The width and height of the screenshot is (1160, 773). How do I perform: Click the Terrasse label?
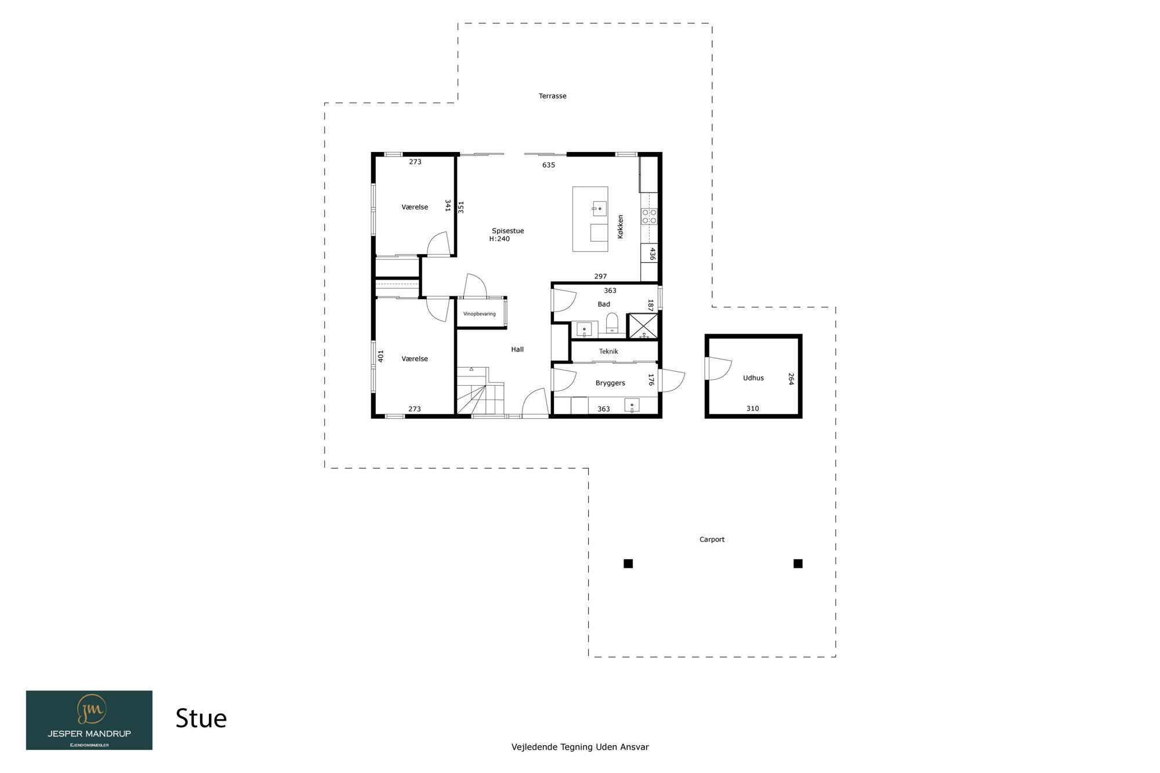(x=552, y=96)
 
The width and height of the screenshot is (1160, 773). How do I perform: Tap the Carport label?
(x=712, y=539)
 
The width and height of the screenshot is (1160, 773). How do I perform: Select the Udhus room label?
(x=753, y=378)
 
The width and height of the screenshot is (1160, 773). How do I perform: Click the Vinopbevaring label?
(x=479, y=314)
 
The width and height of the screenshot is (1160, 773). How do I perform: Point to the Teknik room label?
(x=608, y=351)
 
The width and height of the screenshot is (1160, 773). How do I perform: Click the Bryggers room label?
(x=610, y=383)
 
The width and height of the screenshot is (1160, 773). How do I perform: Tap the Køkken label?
(x=620, y=227)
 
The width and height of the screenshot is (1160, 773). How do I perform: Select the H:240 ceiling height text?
(x=499, y=239)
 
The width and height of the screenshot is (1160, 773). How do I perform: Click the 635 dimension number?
(x=549, y=165)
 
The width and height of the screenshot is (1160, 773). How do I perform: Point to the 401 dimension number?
(x=381, y=356)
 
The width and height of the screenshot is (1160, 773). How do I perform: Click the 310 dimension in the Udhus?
(x=752, y=409)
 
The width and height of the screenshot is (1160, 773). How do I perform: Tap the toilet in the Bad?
(x=612, y=323)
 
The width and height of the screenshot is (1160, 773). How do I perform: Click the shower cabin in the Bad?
(x=643, y=326)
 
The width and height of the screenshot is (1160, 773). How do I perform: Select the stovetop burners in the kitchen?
(x=649, y=216)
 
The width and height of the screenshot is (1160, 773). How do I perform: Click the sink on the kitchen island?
(x=599, y=208)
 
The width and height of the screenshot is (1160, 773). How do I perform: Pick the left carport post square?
(x=628, y=564)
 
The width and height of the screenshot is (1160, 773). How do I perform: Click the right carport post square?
(x=798, y=564)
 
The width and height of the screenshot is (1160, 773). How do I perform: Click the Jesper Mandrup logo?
(x=89, y=720)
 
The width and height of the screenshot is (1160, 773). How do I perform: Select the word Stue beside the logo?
(x=201, y=718)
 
